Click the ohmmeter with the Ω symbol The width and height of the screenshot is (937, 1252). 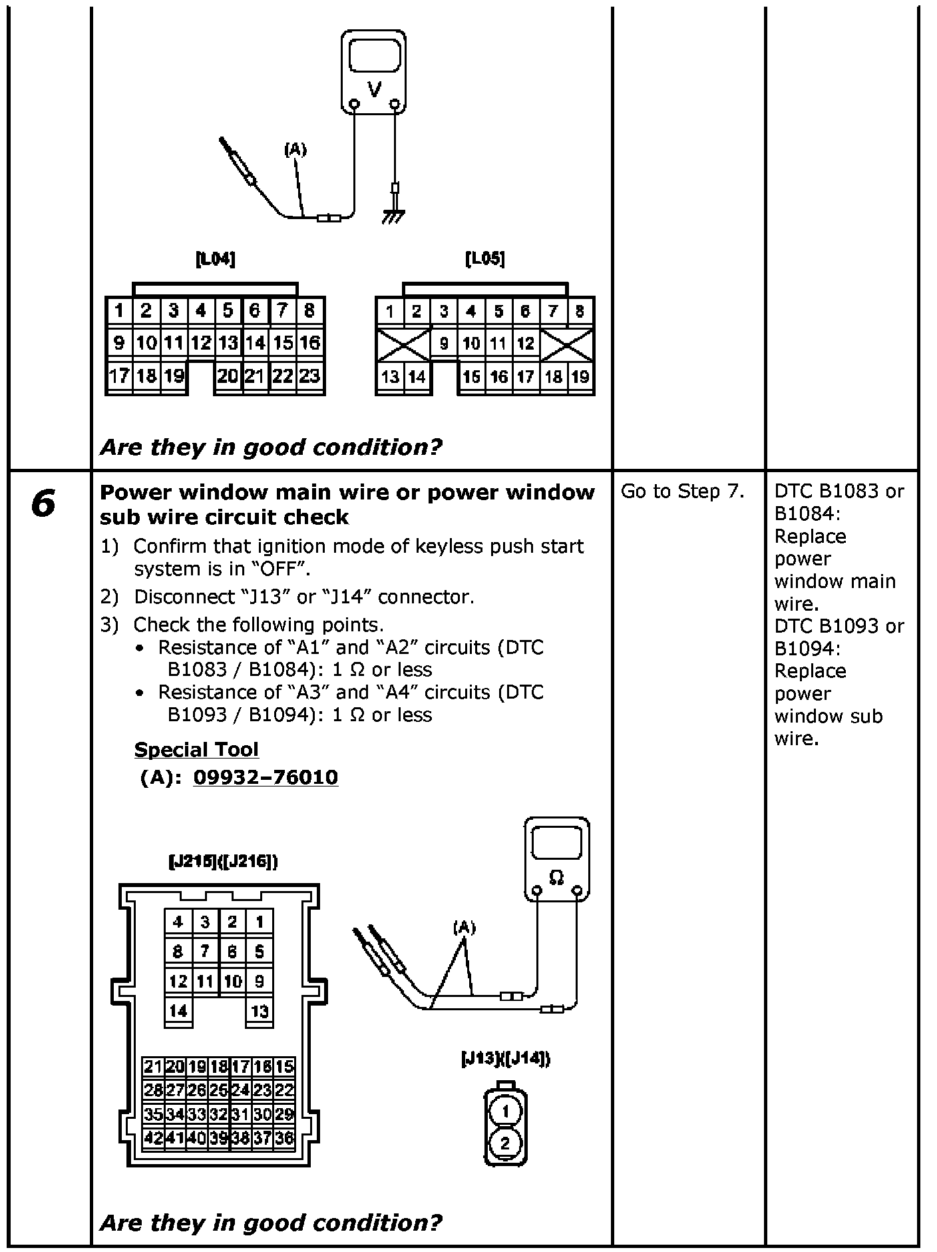[x=557, y=859]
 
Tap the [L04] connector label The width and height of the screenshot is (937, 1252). [x=216, y=259]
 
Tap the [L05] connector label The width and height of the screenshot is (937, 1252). [x=485, y=259]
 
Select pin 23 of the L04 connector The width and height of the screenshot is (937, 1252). [x=309, y=376]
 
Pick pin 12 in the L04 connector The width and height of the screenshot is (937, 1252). [x=201, y=343]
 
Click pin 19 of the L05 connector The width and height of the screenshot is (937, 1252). [x=580, y=377]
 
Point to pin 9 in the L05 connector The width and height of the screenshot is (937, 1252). [x=444, y=344]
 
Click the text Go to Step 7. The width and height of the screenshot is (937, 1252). [x=682, y=491]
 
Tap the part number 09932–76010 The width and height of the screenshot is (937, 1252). [x=266, y=777]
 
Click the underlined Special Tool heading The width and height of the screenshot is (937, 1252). [x=196, y=749]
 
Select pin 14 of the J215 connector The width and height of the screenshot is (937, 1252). [x=178, y=1010]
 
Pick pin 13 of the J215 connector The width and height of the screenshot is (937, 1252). [x=260, y=1012]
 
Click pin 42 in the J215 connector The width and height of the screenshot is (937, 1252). [x=153, y=1137]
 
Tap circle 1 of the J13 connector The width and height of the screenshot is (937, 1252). [x=505, y=1110]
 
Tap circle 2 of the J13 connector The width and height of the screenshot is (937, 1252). [x=505, y=1143]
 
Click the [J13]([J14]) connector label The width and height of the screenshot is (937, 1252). [x=506, y=1058]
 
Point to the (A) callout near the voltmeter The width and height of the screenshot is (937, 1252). [x=295, y=150]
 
